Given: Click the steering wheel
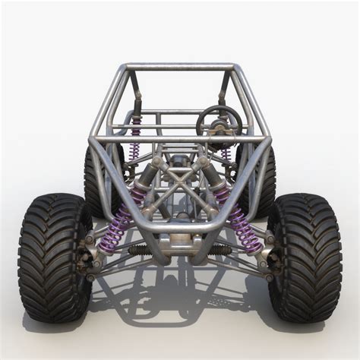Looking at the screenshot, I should [219, 120].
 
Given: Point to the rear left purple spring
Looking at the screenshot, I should [136, 137].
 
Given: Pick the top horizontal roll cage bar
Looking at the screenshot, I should [180, 67].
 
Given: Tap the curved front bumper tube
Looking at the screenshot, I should [180, 227].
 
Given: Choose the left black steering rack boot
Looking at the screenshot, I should [140, 249].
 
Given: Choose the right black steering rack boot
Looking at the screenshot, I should [219, 249].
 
